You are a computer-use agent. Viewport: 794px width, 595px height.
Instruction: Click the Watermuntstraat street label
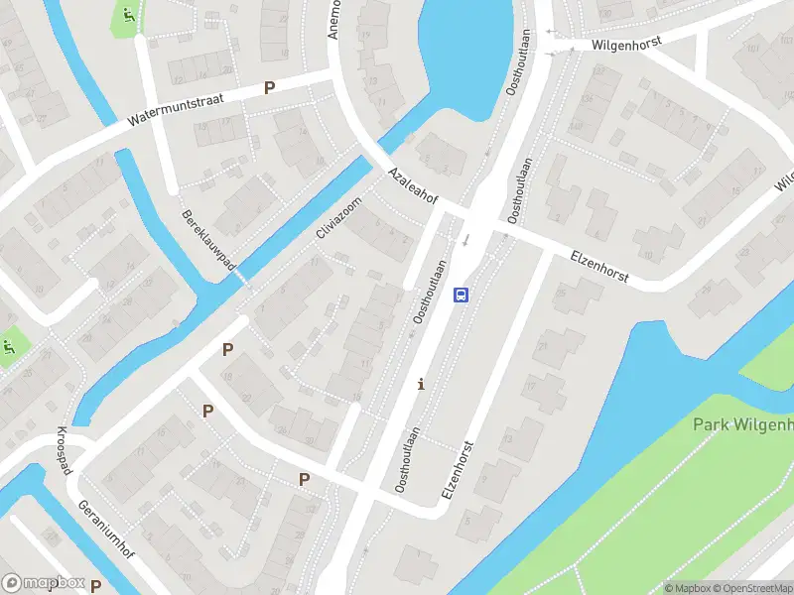tap(177, 109)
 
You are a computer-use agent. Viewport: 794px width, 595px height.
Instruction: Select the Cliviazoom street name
tap(339, 218)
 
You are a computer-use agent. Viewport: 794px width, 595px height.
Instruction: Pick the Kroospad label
tap(64, 452)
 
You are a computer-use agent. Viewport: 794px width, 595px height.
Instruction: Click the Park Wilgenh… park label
tap(742, 425)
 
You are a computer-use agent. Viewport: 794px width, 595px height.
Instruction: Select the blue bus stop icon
tap(461, 294)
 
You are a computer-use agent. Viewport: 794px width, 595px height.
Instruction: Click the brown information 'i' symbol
tap(421, 384)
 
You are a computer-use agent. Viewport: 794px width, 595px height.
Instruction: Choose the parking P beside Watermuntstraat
tap(268, 88)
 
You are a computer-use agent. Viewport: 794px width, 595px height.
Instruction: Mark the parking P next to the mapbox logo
tap(96, 585)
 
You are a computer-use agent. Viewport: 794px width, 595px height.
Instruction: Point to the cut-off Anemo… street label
tap(333, 18)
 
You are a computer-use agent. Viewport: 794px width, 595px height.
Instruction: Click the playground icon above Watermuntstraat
tap(128, 15)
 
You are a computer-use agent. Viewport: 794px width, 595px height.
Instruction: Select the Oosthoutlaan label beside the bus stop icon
tap(430, 293)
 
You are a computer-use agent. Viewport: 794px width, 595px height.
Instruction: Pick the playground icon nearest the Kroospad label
tap(10, 347)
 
